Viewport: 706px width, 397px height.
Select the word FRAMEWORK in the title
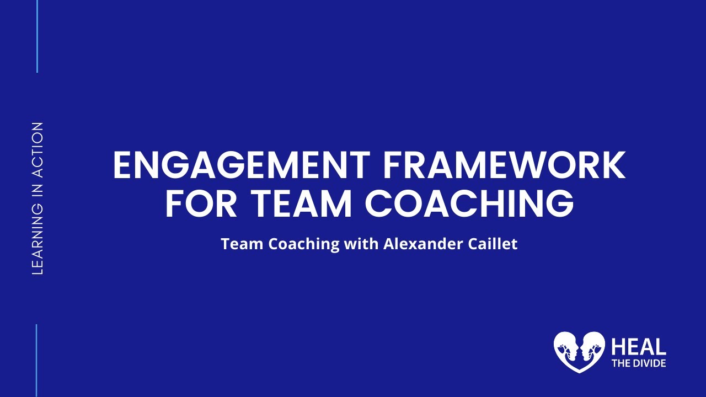click(502, 165)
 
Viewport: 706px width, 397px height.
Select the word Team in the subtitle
click(242, 244)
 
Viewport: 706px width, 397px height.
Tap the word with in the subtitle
click(361, 244)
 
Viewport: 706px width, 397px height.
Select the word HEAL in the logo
click(639, 347)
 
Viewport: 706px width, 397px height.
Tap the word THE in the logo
click(619, 363)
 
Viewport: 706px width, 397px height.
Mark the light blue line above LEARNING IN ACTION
click(37, 36)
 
